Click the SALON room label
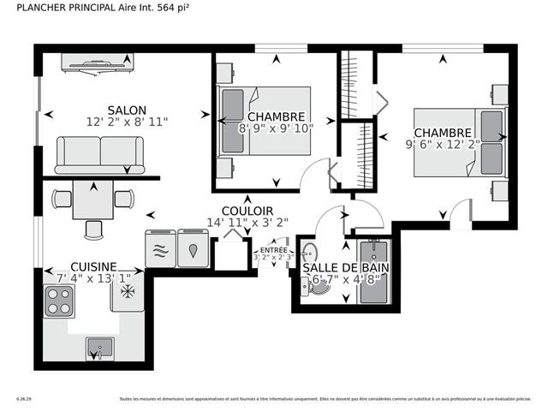click(x=127, y=110)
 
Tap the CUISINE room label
click(x=94, y=267)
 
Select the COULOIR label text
click(x=247, y=211)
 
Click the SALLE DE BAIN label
click(x=342, y=268)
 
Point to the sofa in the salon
click(x=101, y=154)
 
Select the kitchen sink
click(x=99, y=349)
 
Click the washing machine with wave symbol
click(x=159, y=249)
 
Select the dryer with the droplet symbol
click(x=192, y=249)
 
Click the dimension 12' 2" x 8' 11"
click(x=127, y=122)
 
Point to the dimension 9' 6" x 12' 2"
click(x=444, y=145)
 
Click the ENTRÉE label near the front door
click(x=273, y=250)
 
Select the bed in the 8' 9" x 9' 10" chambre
click(x=265, y=121)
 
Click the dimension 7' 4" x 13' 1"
click(x=94, y=278)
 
